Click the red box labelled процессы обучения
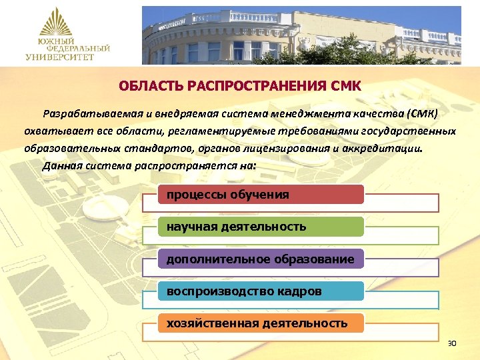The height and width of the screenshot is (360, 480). [x=261, y=195]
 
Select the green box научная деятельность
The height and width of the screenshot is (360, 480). [x=261, y=227]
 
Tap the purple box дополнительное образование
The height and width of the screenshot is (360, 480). [x=261, y=259]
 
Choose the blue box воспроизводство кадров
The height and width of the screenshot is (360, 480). [x=261, y=291]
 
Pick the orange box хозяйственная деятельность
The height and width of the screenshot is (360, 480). [x=261, y=323]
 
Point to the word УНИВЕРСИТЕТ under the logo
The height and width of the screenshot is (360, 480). [x=61, y=57]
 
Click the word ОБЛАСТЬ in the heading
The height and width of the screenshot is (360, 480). [x=142, y=86]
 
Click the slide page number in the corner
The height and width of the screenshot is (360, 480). [x=451, y=343]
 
